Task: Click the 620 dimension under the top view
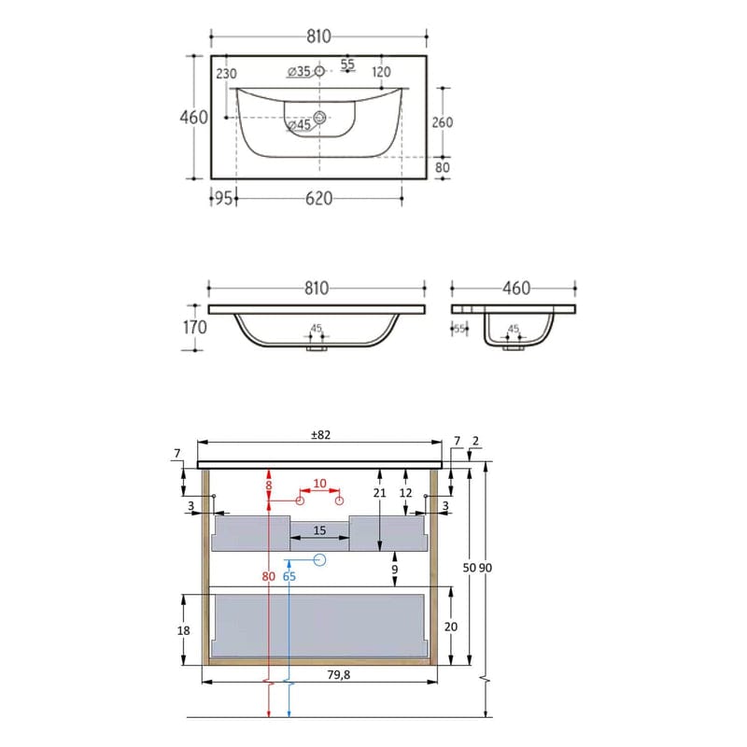point(318,198)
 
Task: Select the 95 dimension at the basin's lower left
point(222,198)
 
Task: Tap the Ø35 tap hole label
point(298,71)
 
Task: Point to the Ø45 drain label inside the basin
point(298,125)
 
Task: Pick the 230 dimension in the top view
point(226,74)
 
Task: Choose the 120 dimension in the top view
point(380,72)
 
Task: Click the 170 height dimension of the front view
point(192,328)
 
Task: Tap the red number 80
point(268,576)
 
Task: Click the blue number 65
point(289,576)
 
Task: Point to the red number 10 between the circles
point(320,484)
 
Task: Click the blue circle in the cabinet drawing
point(319,560)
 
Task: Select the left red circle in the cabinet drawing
point(301,501)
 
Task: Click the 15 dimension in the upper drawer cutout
point(318,529)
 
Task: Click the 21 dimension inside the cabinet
point(379,492)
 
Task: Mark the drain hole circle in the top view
point(320,118)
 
